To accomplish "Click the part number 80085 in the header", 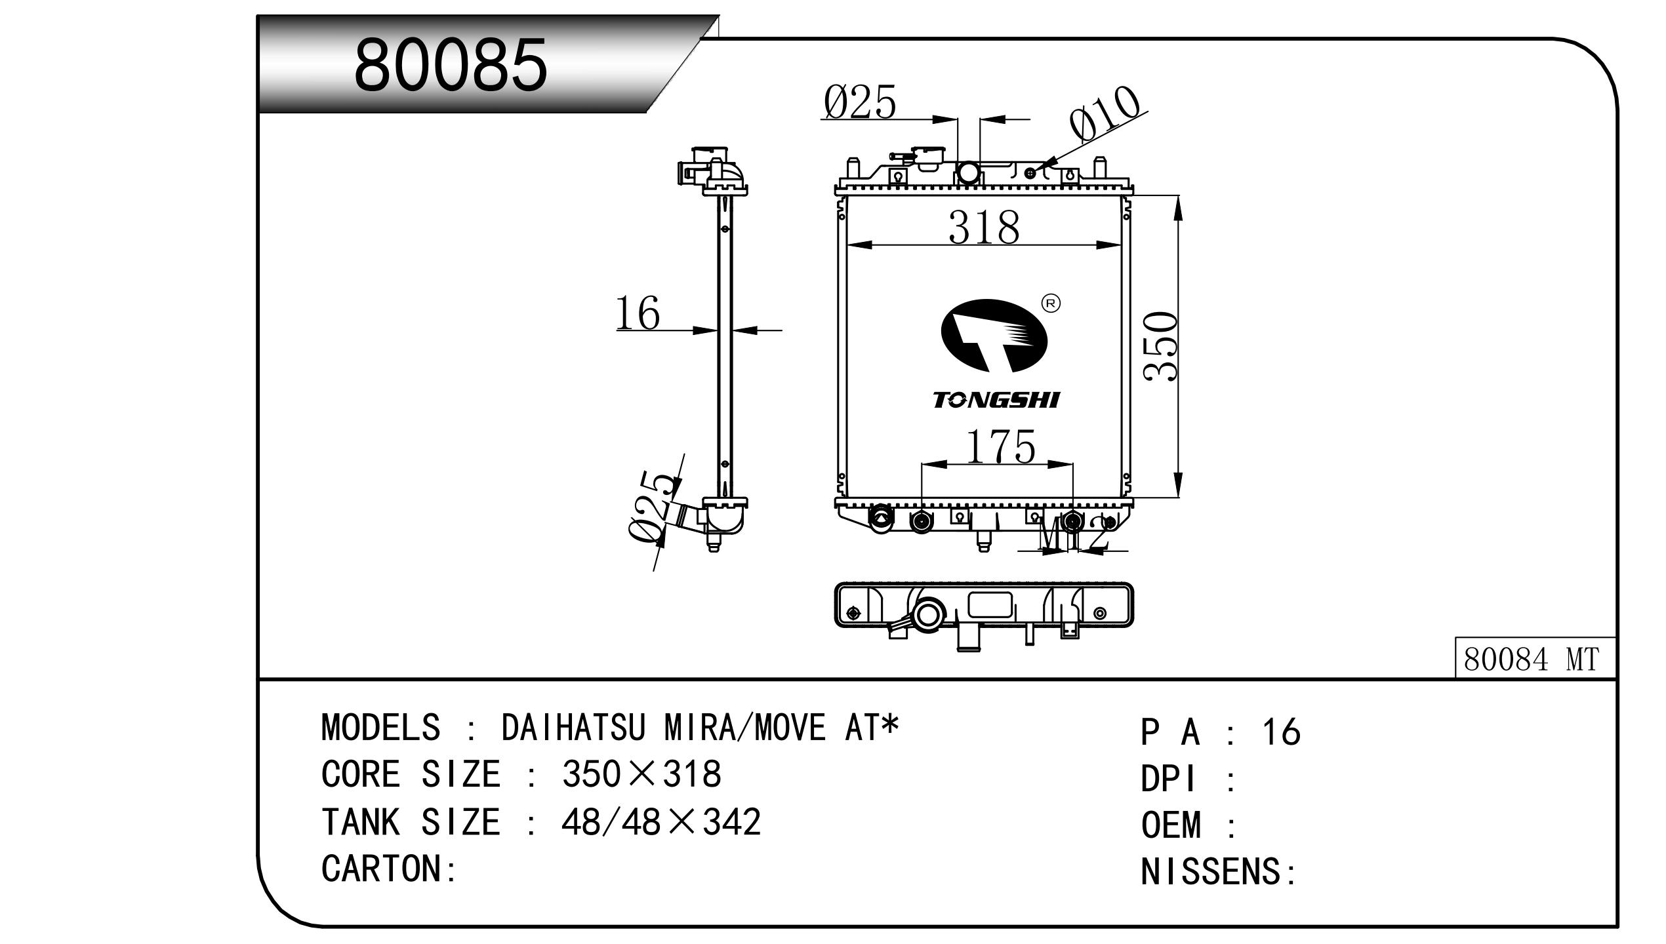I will coord(450,65).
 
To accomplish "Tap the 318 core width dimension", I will coord(984,227).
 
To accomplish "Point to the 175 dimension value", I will coord(1000,447).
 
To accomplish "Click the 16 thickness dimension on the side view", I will coord(637,313).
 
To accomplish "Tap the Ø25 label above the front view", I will coord(859,103).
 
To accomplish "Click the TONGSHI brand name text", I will coord(996,400).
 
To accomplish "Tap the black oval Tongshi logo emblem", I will coord(994,336).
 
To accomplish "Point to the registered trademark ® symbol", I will coord(1051,303).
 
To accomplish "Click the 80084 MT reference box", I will coord(1535,659).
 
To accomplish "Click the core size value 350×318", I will coord(641,774).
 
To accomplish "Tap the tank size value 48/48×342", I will coord(660,821).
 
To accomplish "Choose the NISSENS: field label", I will coord(1219,872).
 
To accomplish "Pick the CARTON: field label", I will coord(388,868).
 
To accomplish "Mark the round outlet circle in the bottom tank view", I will coord(929,615).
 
